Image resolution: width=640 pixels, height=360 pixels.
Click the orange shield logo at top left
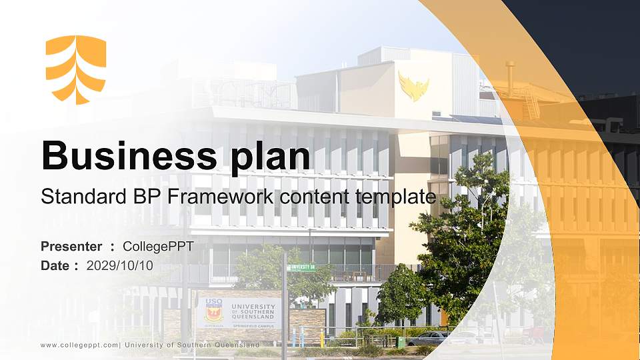tap(75, 69)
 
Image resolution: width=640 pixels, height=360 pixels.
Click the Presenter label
tap(71, 247)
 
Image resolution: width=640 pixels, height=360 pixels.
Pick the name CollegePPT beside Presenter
tap(158, 247)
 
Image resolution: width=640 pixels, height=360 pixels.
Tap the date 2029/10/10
tap(120, 265)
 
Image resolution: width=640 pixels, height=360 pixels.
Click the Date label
tap(55, 265)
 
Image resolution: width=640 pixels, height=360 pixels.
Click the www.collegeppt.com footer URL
tap(79, 345)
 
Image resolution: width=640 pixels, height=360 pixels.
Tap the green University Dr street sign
tap(301, 268)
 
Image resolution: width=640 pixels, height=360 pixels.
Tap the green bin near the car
tap(401, 341)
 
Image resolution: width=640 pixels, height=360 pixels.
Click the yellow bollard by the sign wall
tap(323, 339)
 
